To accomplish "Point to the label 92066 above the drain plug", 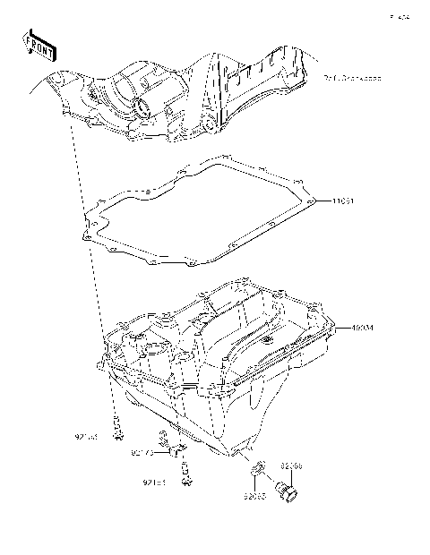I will pos(292,466).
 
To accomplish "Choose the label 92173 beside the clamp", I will pos(142,454).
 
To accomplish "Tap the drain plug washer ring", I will pos(254,468).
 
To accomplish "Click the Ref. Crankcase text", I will pos(352,79).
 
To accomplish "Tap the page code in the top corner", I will pos(399,16).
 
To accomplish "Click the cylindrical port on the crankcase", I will pos(142,109).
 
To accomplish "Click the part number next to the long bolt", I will pos(86,438).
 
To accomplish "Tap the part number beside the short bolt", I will pos(155,483).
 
